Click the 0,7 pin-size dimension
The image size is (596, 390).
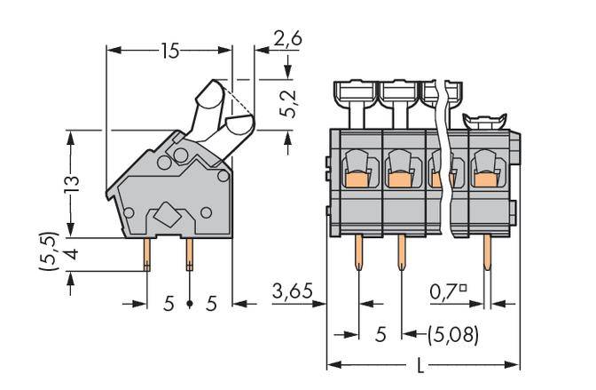pyautogui.click(x=450, y=290)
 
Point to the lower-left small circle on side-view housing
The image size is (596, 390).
pyautogui.click(x=129, y=213)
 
